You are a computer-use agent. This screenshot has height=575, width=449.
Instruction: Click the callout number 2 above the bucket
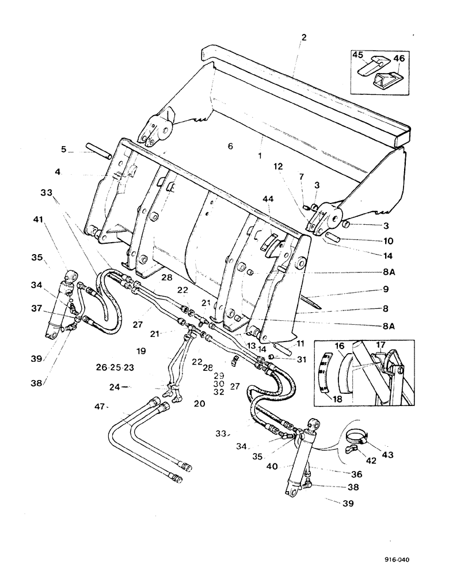[304, 37]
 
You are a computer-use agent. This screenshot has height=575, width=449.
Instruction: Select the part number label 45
[358, 56]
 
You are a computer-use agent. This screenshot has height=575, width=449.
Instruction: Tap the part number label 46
[398, 59]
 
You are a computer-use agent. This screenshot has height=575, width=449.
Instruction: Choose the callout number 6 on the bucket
[230, 147]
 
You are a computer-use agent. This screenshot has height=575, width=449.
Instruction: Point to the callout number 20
[199, 404]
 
